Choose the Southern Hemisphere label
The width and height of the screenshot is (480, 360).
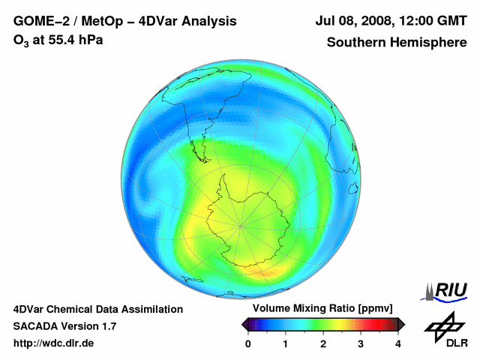(x=397, y=42)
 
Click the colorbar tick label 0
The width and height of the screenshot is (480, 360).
(x=248, y=343)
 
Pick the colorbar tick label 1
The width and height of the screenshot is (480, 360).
(x=286, y=343)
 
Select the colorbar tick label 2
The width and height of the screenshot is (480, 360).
(x=323, y=343)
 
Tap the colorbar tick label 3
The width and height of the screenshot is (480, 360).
(x=361, y=343)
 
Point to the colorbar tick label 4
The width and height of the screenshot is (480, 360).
(x=398, y=343)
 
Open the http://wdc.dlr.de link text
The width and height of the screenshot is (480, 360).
(x=54, y=343)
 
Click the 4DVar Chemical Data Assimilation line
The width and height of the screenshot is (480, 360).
(x=97, y=309)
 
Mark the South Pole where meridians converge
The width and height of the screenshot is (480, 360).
(x=241, y=225)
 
